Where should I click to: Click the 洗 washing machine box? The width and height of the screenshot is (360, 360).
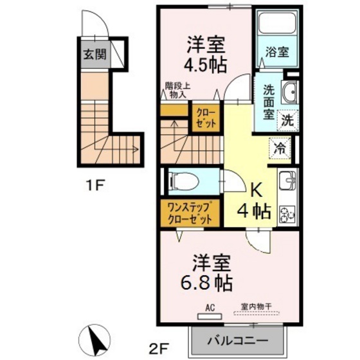(x=288, y=119)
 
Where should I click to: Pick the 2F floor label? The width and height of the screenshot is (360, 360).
(x=158, y=349)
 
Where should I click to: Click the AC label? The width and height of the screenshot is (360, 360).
(x=210, y=308)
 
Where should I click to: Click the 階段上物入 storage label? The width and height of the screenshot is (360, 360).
(x=175, y=90)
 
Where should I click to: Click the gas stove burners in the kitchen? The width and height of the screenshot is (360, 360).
(x=286, y=212)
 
